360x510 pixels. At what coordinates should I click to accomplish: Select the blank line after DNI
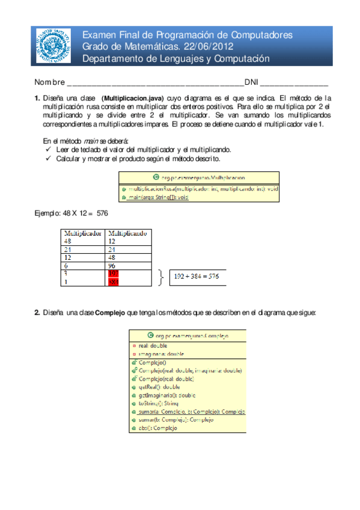(x=293, y=83)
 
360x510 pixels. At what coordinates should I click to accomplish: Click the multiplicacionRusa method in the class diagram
(x=198, y=188)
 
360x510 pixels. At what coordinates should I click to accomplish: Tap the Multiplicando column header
(x=127, y=233)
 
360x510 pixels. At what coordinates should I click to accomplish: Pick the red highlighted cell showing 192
(x=114, y=273)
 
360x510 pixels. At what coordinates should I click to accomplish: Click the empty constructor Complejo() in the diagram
(x=151, y=363)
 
